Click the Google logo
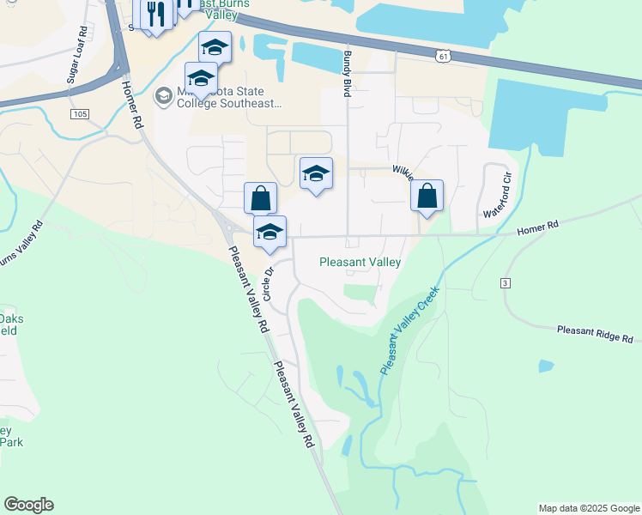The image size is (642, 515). pos(28,505)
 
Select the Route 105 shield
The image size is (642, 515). pos(81,113)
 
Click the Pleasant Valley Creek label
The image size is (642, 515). pos(409,330)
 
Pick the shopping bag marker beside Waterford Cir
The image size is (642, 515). pos(427,196)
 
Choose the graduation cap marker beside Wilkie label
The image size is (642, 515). pos(316,173)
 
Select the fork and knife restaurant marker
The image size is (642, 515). pos(155,15)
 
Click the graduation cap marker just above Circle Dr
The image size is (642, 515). pos(270,232)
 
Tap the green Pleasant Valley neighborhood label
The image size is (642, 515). pos(360,263)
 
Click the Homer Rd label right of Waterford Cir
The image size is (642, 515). pos(537,227)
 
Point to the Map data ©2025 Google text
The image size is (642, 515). pos(589,508)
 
